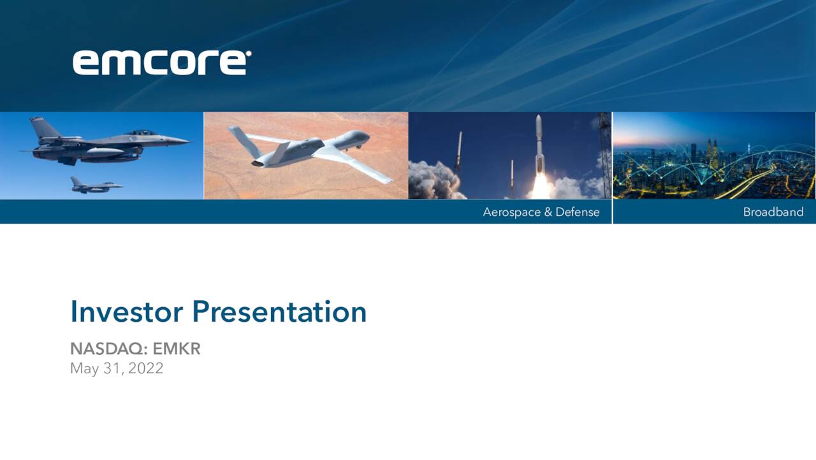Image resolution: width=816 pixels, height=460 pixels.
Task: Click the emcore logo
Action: click(160, 62)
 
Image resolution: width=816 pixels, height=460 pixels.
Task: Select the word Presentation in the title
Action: click(279, 312)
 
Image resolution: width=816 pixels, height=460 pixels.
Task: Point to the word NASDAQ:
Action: click(109, 349)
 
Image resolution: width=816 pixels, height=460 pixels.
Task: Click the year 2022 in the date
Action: click(146, 368)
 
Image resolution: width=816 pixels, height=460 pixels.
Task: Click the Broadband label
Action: click(773, 212)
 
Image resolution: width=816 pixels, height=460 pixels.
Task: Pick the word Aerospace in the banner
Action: click(511, 212)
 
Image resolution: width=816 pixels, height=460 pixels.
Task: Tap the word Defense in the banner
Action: click(578, 212)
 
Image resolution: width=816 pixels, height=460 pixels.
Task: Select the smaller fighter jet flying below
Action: click(96, 185)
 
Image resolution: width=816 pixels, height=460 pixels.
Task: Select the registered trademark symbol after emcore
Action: click(249, 54)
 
